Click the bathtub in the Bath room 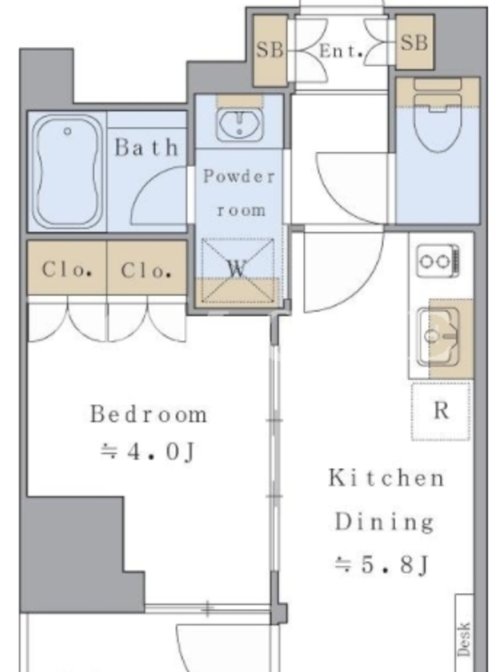68,171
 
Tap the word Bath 146,148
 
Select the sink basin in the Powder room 239,123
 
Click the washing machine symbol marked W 238,270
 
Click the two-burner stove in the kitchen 438,261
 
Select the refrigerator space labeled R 441,411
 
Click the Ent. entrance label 341,51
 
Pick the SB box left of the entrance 270,50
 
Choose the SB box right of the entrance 414,43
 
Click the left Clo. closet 67,268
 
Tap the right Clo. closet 147,268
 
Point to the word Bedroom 149,414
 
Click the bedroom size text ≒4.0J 148,452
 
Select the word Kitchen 386,478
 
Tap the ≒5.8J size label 381,564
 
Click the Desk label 465,639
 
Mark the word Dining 384,522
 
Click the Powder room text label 239,193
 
